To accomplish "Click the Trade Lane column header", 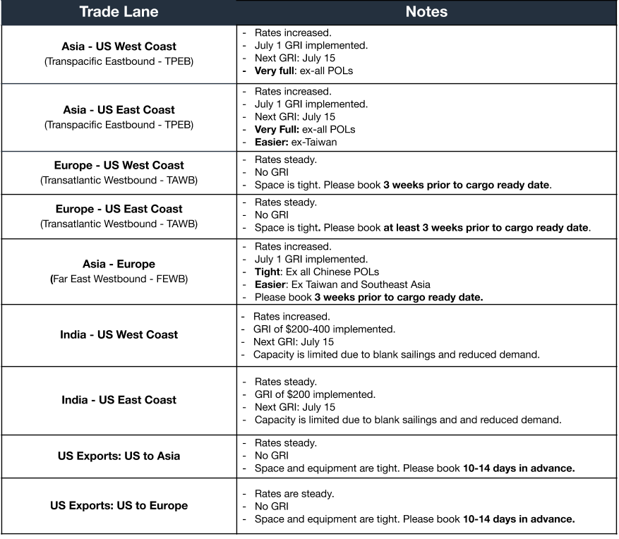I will (x=119, y=12).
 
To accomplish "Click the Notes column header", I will (x=426, y=12).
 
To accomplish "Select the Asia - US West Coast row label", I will (x=119, y=47).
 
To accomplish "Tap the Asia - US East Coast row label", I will (x=119, y=109).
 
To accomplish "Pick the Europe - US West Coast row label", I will (x=119, y=165).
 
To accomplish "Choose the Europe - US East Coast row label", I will (x=119, y=209).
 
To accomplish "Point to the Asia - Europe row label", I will (x=119, y=264).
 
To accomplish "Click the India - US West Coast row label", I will (x=119, y=334).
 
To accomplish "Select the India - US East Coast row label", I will (x=119, y=399).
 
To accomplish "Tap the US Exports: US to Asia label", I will (x=119, y=456).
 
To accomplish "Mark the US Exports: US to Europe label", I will (x=119, y=505).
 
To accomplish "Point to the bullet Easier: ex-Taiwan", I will (x=296, y=142).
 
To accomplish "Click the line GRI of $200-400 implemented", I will (x=324, y=329).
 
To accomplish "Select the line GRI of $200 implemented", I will (x=315, y=394).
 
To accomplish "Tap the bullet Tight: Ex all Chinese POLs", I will (x=317, y=272).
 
